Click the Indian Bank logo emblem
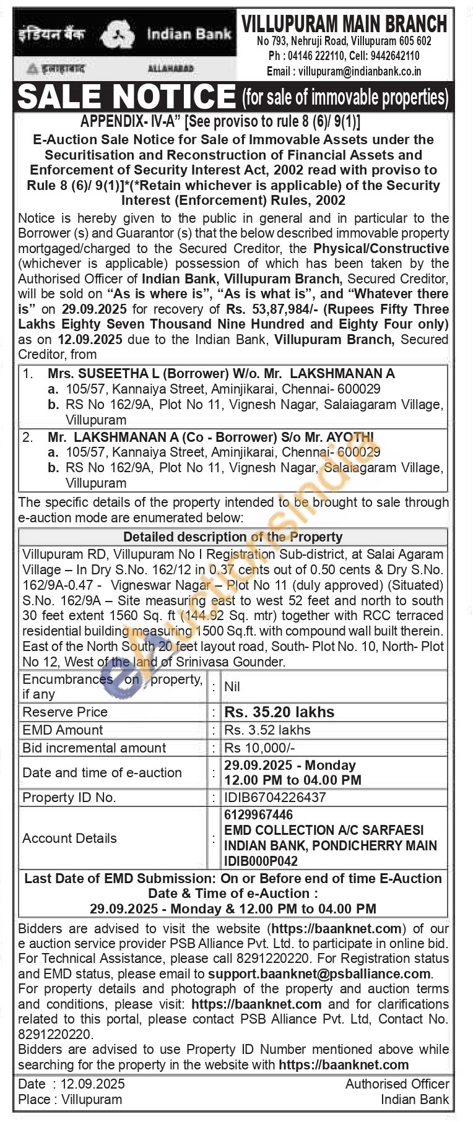tap(118, 35)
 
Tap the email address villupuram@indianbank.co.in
tap(360, 71)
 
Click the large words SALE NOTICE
tap(127, 96)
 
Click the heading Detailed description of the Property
tap(233, 537)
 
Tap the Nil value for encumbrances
tap(232, 686)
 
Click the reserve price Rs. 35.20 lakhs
tap(279, 712)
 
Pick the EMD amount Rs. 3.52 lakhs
tap(267, 730)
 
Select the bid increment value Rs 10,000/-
tap(259, 748)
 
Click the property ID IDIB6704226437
tap(275, 798)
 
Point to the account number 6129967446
tap(259, 815)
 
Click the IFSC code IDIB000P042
tap(261, 861)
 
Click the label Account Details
tap(69, 838)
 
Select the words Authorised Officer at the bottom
tap(397, 1084)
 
